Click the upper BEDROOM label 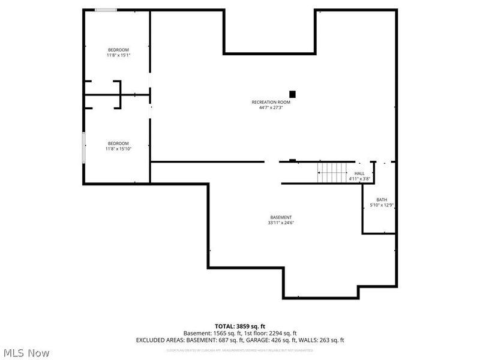[118, 49]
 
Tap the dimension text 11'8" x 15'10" [118, 148]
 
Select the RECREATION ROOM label [271, 102]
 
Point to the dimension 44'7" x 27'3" [271, 108]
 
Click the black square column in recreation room [293, 94]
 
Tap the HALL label [359, 173]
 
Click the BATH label [382, 200]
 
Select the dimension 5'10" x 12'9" [382, 206]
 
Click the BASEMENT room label [281, 217]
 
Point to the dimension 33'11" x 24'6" [281, 223]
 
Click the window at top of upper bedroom [106, 10]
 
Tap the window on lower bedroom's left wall [83, 146]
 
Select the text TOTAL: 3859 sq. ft [240, 326]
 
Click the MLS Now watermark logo [26, 353]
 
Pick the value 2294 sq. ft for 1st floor [279, 333]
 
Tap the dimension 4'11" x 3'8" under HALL [359, 179]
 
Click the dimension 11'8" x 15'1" [118, 55]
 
